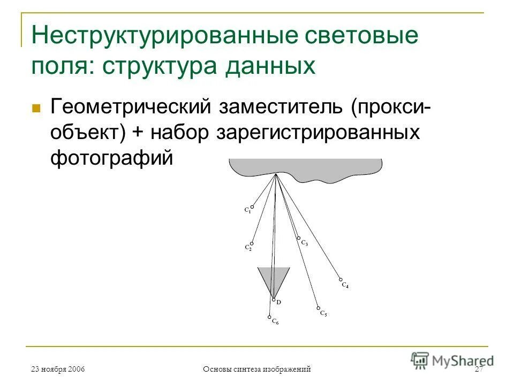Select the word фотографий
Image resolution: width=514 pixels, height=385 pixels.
[x=112, y=158]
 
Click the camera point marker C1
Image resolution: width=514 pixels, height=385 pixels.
[x=252, y=207]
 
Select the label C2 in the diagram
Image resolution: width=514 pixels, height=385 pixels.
[x=248, y=248]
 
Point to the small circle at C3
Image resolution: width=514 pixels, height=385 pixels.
[x=299, y=238]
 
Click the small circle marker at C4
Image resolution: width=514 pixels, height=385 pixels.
[x=341, y=279]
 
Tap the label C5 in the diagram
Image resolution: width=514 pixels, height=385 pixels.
[x=323, y=314]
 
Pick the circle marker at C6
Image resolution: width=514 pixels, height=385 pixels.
[x=269, y=317]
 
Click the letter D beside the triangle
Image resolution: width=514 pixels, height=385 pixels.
[x=279, y=303]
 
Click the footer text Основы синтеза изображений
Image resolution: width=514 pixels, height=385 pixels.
[x=258, y=369]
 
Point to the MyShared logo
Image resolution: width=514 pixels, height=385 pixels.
[x=452, y=359]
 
